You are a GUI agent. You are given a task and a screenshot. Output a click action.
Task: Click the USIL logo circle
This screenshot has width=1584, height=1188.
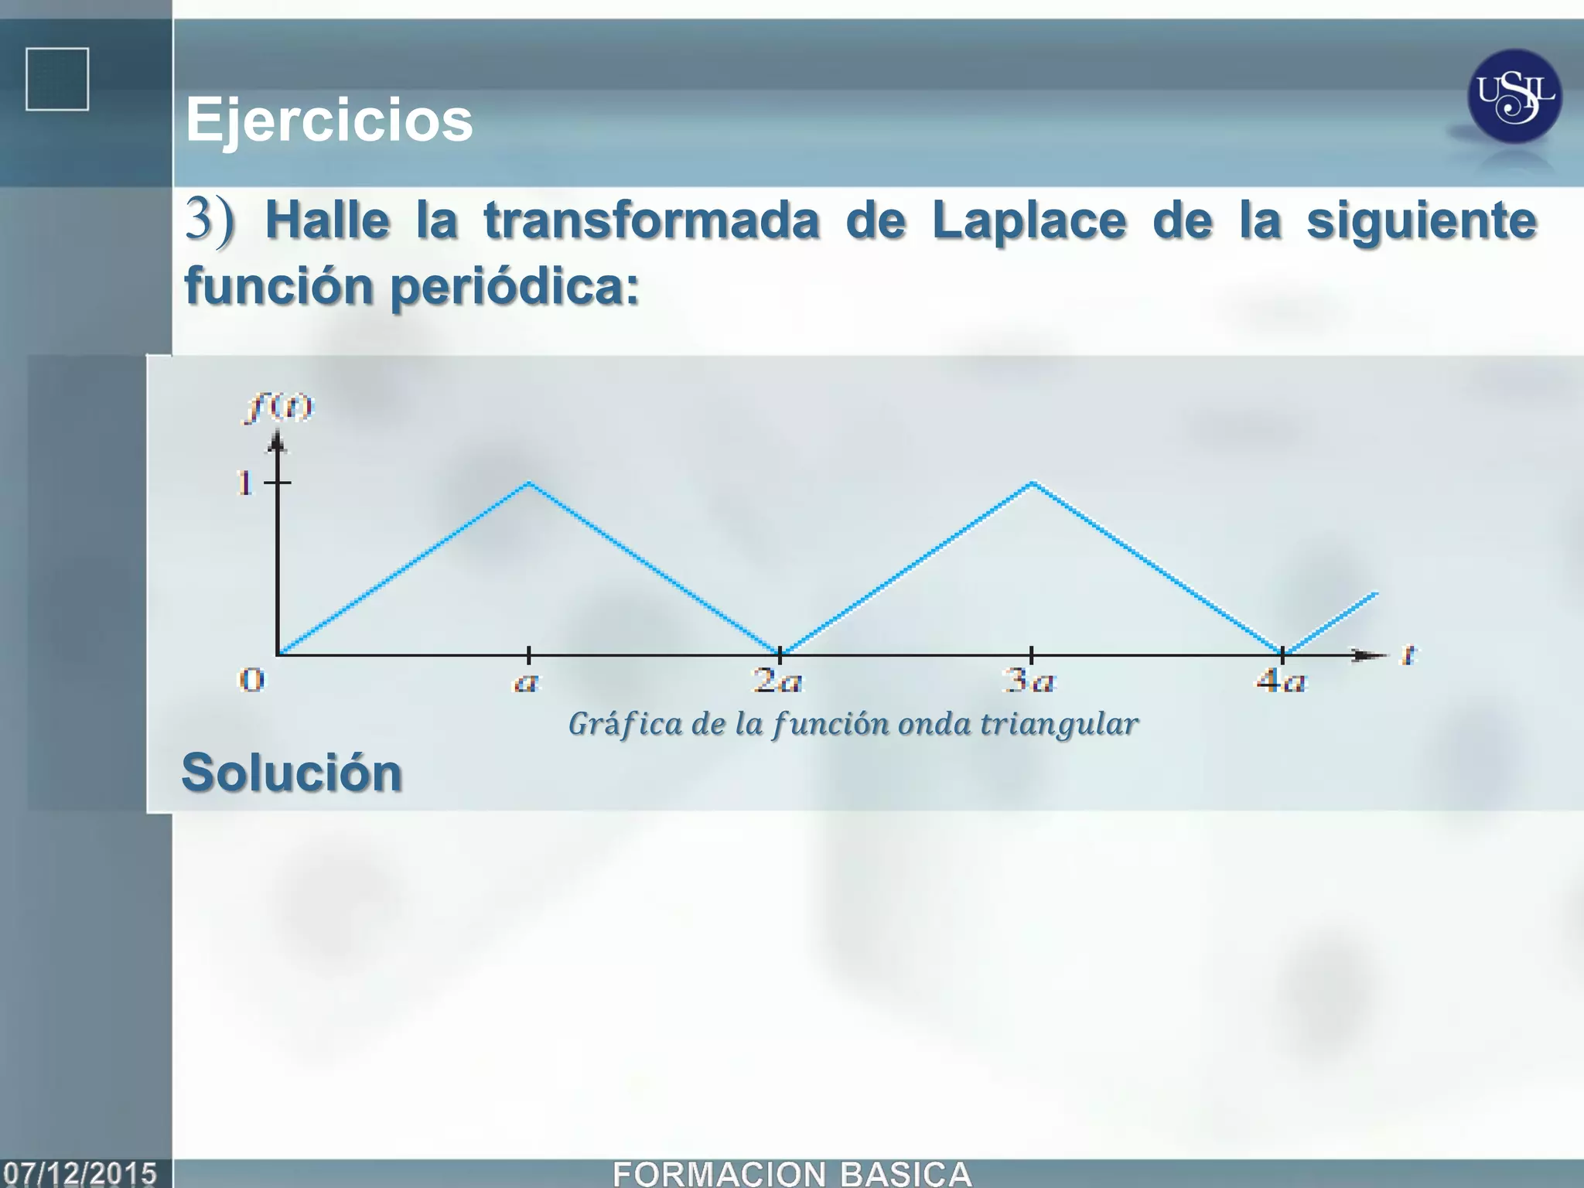point(1514,97)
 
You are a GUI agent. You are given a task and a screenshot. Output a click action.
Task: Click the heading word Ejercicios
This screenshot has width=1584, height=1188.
point(329,120)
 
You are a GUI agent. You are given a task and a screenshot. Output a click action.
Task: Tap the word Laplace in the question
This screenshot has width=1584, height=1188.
point(1029,220)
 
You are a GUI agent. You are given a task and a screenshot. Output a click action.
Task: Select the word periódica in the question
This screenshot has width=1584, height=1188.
point(514,286)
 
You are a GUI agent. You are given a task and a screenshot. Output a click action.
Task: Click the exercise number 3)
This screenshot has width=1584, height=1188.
point(209,220)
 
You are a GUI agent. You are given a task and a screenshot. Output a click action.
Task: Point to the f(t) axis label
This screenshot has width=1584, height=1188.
point(279,407)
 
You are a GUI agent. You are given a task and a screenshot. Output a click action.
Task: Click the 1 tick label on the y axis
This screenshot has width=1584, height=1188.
point(245,483)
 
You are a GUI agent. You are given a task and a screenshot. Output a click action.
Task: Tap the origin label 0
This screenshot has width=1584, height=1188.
point(251,681)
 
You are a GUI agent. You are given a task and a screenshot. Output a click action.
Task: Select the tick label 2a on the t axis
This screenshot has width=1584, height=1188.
point(778,681)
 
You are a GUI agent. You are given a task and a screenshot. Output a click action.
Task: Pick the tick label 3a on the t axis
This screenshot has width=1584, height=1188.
point(1029,681)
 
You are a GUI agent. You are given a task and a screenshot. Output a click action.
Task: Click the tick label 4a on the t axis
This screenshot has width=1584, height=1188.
point(1281,681)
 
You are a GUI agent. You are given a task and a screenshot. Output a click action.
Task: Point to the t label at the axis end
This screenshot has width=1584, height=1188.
point(1408,656)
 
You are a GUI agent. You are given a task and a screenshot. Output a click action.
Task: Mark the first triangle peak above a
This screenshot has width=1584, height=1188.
point(529,483)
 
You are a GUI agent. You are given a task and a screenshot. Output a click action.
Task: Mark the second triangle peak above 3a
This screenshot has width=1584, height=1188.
point(1032,483)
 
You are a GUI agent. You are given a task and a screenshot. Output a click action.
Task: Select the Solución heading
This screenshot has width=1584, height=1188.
point(292,773)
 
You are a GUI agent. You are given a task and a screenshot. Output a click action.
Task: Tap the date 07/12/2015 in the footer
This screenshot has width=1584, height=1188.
point(80,1173)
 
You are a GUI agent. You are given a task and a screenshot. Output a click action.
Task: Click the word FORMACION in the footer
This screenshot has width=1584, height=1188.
point(719,1173)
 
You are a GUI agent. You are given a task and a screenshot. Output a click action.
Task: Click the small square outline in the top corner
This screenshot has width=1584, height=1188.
point(57,80)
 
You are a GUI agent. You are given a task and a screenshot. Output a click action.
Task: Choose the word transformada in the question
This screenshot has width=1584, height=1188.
point(652,220)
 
